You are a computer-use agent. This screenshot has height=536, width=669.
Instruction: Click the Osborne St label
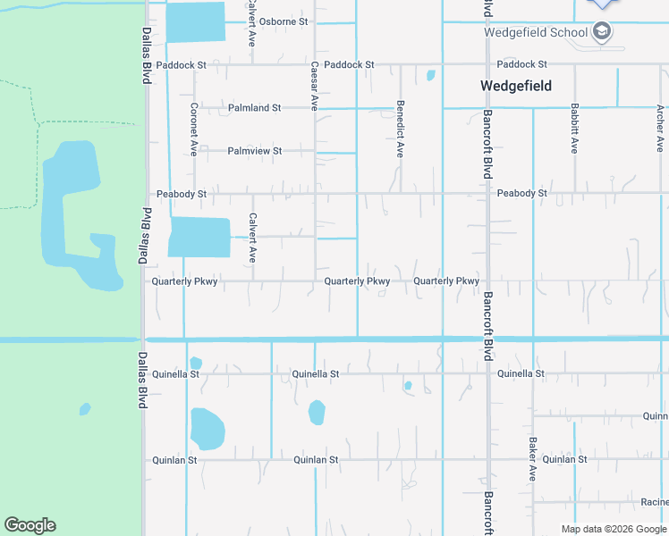tap(284, 21)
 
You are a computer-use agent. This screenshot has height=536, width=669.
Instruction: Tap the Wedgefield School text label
tap(536, 32)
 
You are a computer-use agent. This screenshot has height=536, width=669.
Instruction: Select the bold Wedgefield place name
tap(516, 86)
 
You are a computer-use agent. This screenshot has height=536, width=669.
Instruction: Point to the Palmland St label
tap(254, 108)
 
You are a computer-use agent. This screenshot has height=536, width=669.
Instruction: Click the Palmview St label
tap(254, 151)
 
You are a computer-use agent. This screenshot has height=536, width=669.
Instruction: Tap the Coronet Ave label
tap(193, 130)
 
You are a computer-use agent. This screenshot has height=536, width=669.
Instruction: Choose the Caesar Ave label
tap(314, 86)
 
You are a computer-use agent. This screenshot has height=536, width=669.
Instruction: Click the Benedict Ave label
tap(400, 129)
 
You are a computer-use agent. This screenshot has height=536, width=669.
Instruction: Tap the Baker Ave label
tap(532, 460)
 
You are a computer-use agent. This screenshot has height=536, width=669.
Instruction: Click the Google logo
tap(30, 524)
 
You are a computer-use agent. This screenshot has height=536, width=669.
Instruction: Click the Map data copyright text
tap(614, 529)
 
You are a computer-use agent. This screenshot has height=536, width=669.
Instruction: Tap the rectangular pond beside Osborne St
tap(195, 21)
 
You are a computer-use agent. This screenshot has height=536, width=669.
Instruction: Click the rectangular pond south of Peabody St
tap(199, 237)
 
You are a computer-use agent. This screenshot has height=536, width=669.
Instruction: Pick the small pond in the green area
tap(84, 409)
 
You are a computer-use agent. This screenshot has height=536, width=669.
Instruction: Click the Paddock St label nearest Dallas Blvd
tap(181, 65)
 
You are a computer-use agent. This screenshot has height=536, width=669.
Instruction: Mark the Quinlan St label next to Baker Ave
tap(564, 460)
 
